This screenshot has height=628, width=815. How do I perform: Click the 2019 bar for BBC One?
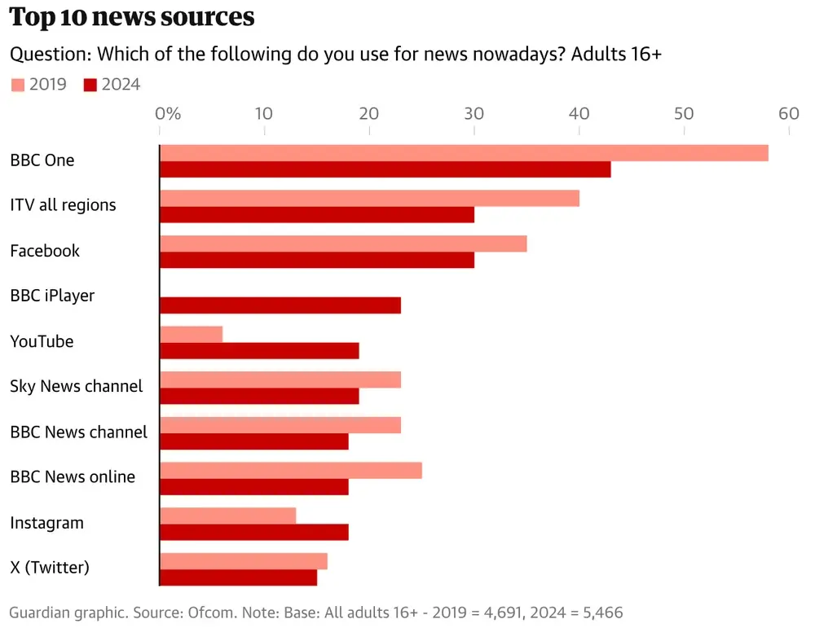click(x=464, y=153)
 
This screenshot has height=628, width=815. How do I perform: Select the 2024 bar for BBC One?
click(x=385, y=169)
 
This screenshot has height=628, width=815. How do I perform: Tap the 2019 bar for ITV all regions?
click(x=369, y=199)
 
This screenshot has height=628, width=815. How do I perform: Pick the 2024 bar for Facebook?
click(x=317, y=260)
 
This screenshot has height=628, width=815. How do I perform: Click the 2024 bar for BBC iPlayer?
click(x=280, y=305)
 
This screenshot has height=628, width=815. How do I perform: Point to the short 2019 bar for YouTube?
click(x=191, y=334)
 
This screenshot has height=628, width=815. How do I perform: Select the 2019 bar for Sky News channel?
click(x=280, y=380)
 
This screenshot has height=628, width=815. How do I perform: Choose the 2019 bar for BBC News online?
click(x=291, y=471)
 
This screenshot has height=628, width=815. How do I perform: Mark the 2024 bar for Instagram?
click(x=254, y=532)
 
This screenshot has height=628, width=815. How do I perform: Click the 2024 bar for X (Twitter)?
click(x=238, y=577)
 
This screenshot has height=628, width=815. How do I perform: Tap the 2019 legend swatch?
click(x=17, y=85)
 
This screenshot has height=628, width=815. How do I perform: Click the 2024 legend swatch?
click(x=90, y=85)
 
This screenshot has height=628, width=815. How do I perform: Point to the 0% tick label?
click(x=168, y=114)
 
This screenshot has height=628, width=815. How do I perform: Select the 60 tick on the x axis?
click(x=788, y=114)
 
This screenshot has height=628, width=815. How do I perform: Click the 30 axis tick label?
click(x=474, y=114)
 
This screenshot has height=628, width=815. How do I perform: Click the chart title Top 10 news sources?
click(x=132, y=18)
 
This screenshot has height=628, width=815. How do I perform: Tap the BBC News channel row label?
click(x=78, y=433)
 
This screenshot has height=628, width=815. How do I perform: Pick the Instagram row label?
click(x=46, y=523)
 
